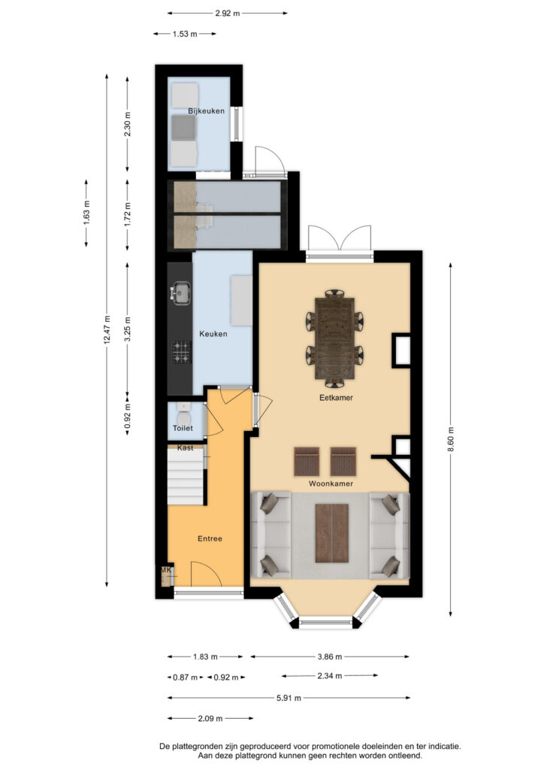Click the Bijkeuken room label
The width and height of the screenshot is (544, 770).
click(x=206, y=111)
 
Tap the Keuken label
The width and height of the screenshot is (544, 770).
click(x=213, y=334)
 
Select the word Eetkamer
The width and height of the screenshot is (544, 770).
click(x=336, y=398)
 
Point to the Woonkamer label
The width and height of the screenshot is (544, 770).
click(x=331, y=484)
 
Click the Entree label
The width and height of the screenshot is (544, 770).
click(x=210, y=538)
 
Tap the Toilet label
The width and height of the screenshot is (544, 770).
click(x=183, y=428)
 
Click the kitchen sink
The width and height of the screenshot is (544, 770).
click(x=180, y=293)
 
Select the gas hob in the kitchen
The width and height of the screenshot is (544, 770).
click(x=182, y=352)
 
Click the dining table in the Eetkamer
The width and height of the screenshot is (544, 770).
click(x=335, y=338)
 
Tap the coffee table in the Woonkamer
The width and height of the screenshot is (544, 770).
click(x=332, y=533)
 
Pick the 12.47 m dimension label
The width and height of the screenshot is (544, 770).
click(x=107, y=330)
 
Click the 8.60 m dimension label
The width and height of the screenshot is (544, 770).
click(x=451, y=441)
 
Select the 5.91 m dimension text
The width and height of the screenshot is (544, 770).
click(x=289, y=698)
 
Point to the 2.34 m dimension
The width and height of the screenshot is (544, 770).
click(x=330, y=676)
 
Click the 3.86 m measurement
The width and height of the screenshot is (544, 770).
click(x=330, y=656)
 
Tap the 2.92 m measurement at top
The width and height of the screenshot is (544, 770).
click(x=228, y=14)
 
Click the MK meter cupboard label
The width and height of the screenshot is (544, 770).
click(x=167, y=570)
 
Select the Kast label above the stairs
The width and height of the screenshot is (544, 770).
click(x=186, y=448)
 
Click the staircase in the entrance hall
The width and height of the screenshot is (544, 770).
click(x=186, y=476)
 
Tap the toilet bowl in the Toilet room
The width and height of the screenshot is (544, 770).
click(x=184, y=418)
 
